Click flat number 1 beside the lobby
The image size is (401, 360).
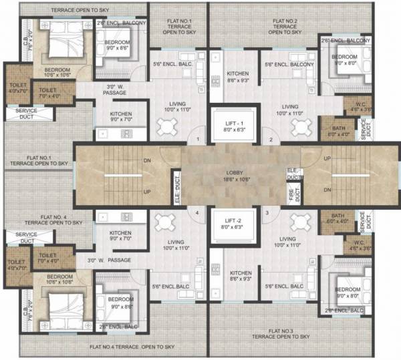pos(198,139)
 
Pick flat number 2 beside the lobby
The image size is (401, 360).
pos(270,139)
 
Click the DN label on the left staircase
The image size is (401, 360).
pos(146,160)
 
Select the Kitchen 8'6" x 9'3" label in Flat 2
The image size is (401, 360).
pos(238,77)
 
